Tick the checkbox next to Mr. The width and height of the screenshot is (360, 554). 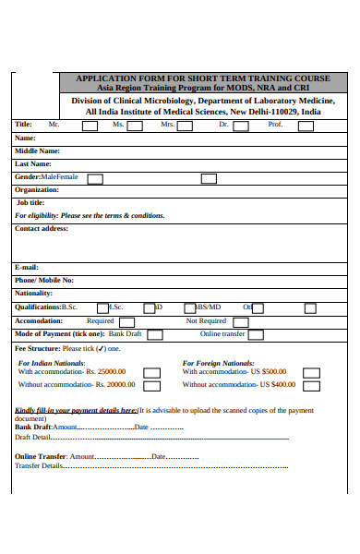point(90,125)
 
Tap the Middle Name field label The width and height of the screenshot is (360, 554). point(37,151)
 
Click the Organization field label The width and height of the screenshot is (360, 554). point(37,189)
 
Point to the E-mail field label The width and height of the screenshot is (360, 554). point(27,267)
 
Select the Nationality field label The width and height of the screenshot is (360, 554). point(34,293)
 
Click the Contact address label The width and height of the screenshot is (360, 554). point(42,228)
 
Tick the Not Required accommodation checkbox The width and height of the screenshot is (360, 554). point(240,321)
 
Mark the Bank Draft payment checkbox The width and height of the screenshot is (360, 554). point(154,334)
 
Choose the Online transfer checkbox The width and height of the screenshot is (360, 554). point(255,334)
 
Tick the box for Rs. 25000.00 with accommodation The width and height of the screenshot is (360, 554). point(151,373)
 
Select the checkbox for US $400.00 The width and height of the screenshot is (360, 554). point(311,386)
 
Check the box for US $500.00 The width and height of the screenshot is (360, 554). point(311,373)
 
